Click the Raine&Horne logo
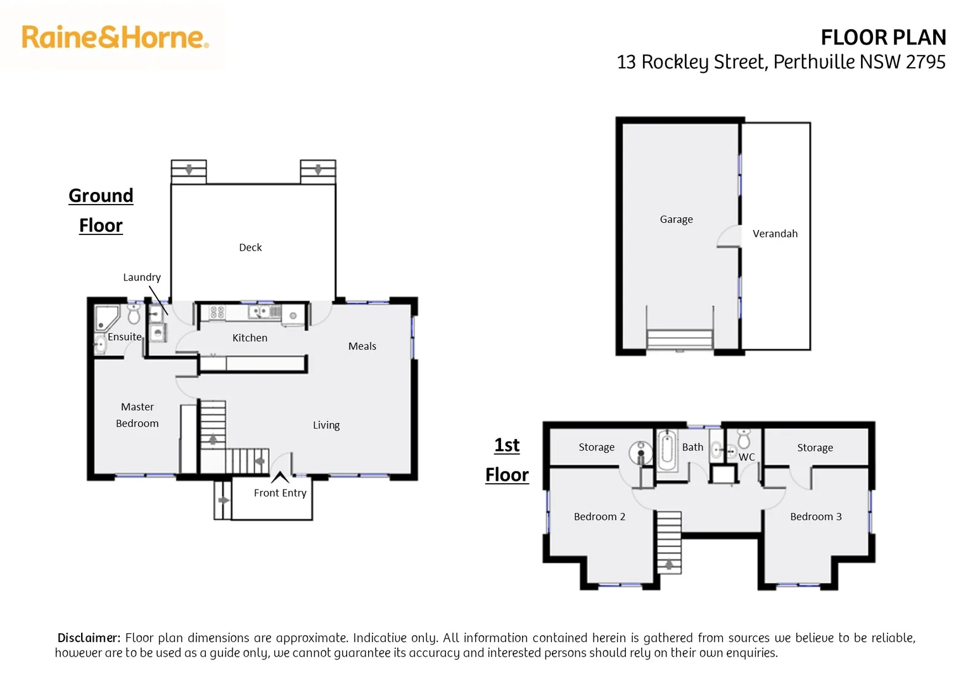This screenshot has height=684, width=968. [115, 37]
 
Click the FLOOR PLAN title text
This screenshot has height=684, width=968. [883, 37]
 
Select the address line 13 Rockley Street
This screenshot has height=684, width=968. [780, 62]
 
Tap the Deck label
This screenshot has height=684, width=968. [250, 248]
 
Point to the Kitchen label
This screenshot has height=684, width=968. [250, 338]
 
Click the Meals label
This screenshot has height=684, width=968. [362, 346]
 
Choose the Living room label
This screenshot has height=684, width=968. [326, 426]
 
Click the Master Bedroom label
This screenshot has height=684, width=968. [137, 415]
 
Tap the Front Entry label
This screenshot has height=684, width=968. [280, 493]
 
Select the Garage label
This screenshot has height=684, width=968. [676, 220]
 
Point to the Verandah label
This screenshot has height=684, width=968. [775, 234]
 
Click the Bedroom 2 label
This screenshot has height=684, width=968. [599, 517]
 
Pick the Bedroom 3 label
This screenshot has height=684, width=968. [816, 517]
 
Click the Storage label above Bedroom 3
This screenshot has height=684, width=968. [815, 448]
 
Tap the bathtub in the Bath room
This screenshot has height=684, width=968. [666, 450]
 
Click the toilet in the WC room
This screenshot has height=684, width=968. [744, 438]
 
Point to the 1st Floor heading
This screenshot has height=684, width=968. [507, 460]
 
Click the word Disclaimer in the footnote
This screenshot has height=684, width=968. [89, 638]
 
